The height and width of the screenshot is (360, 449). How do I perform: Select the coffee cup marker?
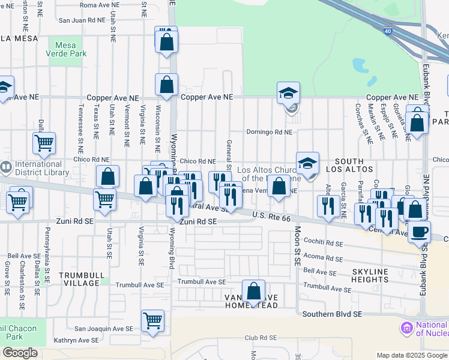click(419, 232)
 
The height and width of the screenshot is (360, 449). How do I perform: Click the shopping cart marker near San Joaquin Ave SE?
click(153, 321)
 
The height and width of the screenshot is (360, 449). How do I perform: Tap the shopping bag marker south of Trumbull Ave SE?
click(254, 292)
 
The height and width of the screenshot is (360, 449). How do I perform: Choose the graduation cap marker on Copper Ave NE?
click(288, 94)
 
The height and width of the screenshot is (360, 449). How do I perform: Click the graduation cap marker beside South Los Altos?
click(307, 163)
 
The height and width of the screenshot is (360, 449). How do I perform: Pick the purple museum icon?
click(406, 328)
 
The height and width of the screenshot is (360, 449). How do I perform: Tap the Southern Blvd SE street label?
click(332, 314)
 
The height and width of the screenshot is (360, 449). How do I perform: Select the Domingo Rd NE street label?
click(269, 132)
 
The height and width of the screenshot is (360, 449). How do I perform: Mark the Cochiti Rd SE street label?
click(323, 244)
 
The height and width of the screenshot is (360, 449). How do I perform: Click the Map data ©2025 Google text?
click(411, 355)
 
